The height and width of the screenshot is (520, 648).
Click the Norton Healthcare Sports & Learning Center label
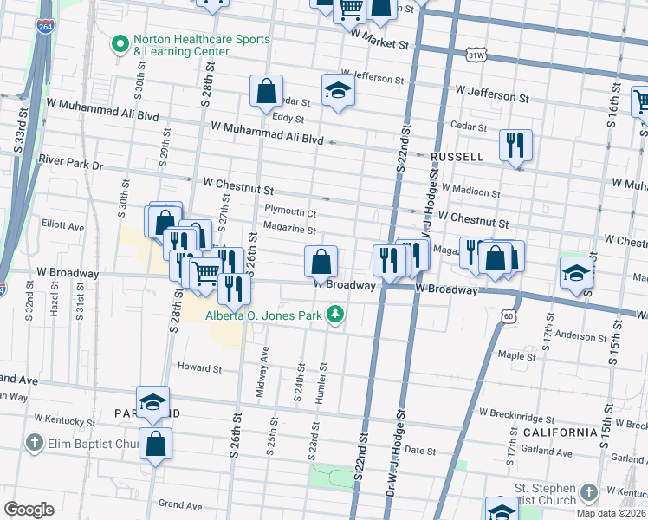190,45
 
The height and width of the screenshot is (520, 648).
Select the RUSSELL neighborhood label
457,157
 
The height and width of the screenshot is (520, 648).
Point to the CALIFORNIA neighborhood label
559,432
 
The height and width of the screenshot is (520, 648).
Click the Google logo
29,509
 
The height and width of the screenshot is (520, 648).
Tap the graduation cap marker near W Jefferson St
336,91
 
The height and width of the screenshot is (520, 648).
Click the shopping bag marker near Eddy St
266,91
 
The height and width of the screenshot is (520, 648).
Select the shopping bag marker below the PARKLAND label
155,445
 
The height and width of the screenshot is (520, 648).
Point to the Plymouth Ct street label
290,212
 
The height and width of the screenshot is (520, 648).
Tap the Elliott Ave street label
64,227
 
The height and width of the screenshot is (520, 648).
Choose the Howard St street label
200,368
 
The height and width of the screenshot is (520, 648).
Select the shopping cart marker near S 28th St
205,274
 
